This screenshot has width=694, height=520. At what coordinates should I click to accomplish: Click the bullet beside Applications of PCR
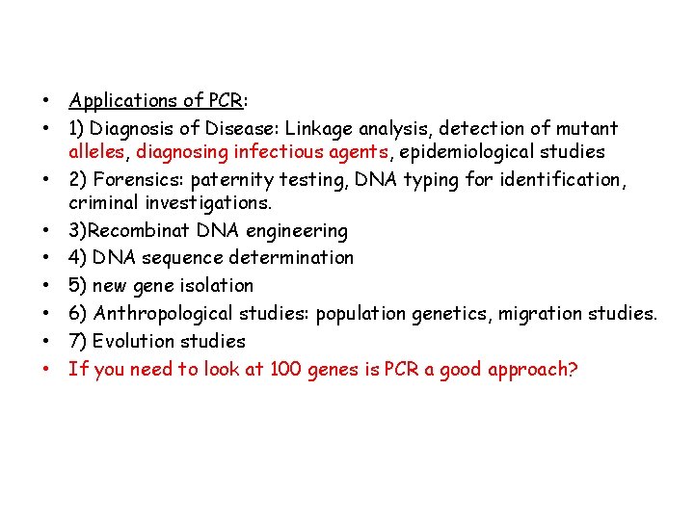[x=45, y=101]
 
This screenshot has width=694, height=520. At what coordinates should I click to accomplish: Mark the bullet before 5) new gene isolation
[x=45, y=286]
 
